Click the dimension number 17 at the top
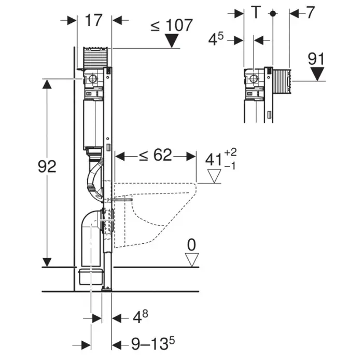[x=93, y=20]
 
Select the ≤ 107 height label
[x=172, y=25]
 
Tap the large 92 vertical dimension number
[x=47, y=166]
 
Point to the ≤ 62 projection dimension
[x=156, y=155]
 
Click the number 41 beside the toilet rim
[x=214, y=160]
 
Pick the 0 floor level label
[x=191, y=245]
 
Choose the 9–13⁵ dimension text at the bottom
[x=153, y=343]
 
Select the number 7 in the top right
[x=310, y=12]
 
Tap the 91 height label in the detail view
[x=316, y=59]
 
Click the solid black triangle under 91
[x=317, y=74]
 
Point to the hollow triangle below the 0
[x=192, y=260]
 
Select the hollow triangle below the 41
[x=214, y=176]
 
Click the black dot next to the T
[x=273, y=13]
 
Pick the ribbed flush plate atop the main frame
[x=95, y=58]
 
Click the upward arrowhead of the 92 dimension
[x=47, y=84]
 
